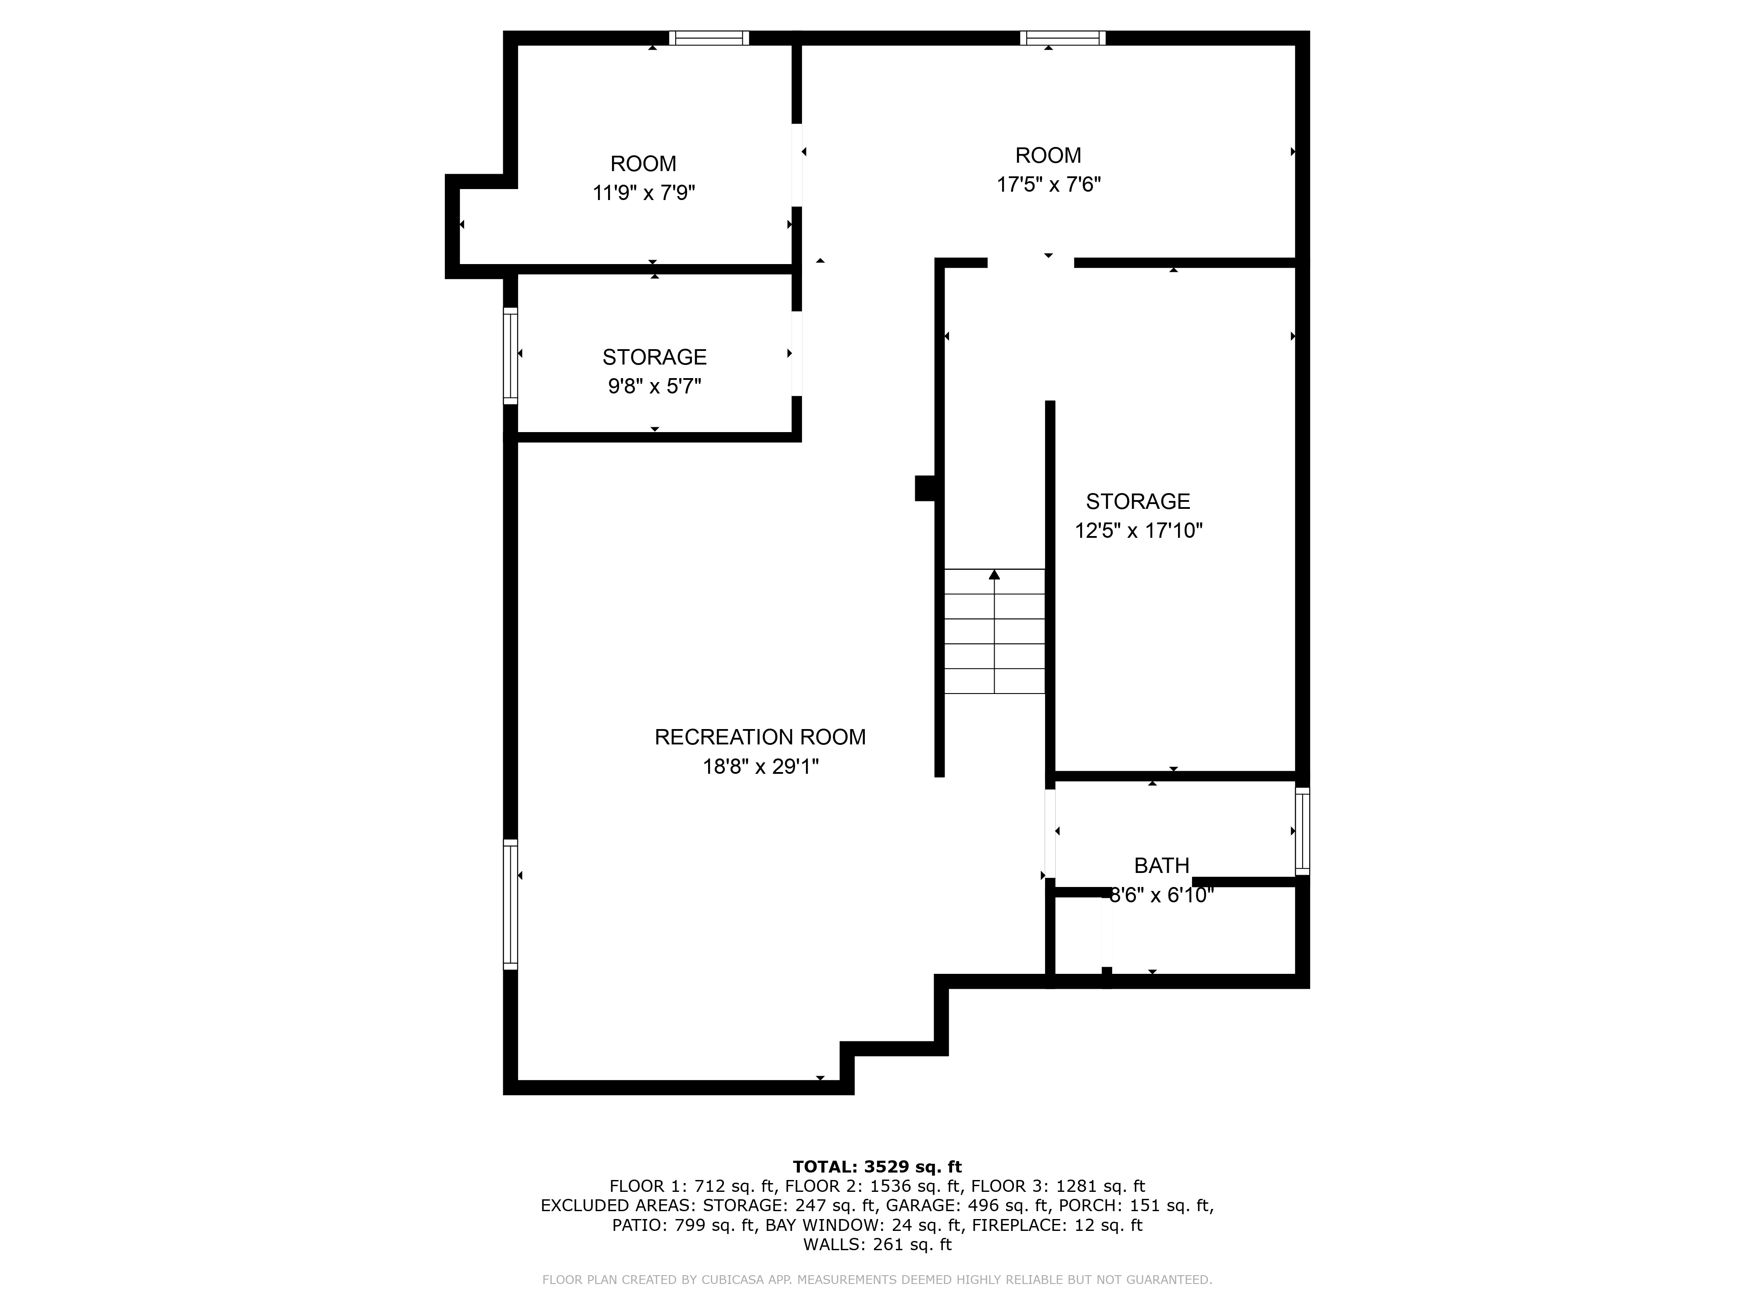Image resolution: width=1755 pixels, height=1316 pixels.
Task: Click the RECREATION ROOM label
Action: click(759, 737)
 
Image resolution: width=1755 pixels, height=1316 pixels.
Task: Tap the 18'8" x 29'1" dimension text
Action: click(760, 766)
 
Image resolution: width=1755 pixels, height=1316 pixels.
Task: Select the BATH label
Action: click(1161, 865)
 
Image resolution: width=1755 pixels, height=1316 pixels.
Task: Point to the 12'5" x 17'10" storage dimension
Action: click(1138, 531)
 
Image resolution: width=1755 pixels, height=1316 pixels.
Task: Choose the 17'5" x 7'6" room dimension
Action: click(1048, 185)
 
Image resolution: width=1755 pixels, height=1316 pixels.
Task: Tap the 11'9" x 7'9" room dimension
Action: click(644, 193)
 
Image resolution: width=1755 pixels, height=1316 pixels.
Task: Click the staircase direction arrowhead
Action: click(994, 574)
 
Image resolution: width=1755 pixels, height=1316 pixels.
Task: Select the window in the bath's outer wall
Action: click(1302, 830)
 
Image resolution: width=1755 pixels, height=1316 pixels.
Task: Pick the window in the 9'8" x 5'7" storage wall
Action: click(510, 355)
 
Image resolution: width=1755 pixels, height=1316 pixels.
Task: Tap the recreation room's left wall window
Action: click(510, 904)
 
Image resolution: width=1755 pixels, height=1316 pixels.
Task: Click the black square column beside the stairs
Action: click(925, 488)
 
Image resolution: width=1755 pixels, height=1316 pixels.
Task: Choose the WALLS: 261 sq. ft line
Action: click(877, 1244)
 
